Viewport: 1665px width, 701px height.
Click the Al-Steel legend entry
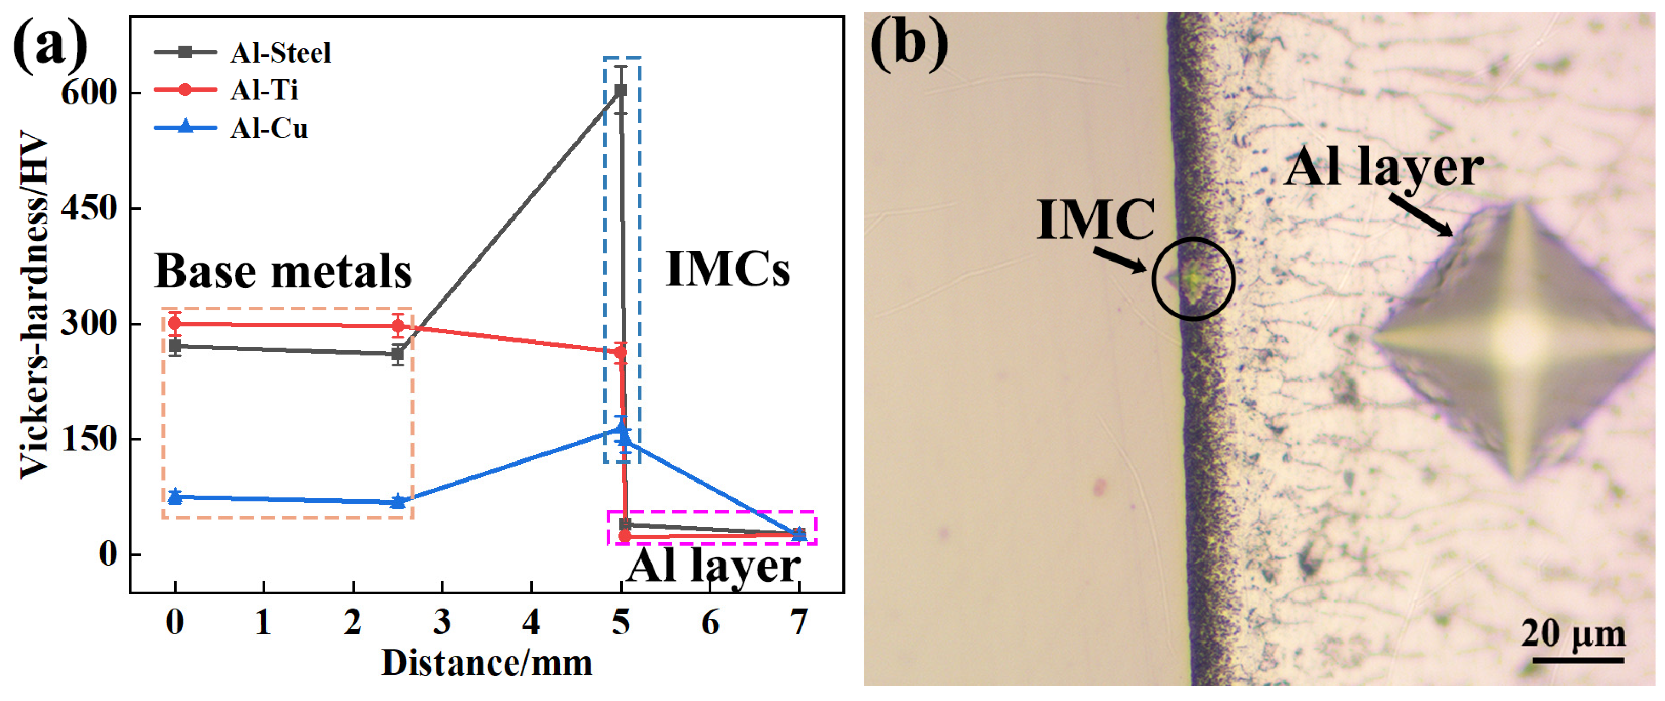click(279, 53)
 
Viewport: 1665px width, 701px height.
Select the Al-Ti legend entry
click(264, 90)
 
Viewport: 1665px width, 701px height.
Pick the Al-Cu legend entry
click(268, 128)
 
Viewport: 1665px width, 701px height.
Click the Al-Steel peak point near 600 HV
click(621, 91)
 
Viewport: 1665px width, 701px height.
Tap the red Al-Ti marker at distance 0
click(175, 324)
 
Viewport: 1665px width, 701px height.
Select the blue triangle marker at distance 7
click(799, 533)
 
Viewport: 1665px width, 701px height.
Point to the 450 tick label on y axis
click(89, 208)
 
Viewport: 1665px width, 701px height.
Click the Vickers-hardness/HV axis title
click(34, 304)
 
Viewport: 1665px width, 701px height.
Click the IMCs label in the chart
click(727, 268)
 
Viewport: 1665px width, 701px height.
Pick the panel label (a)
click(50, 45)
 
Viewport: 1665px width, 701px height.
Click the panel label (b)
click(908, 42)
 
